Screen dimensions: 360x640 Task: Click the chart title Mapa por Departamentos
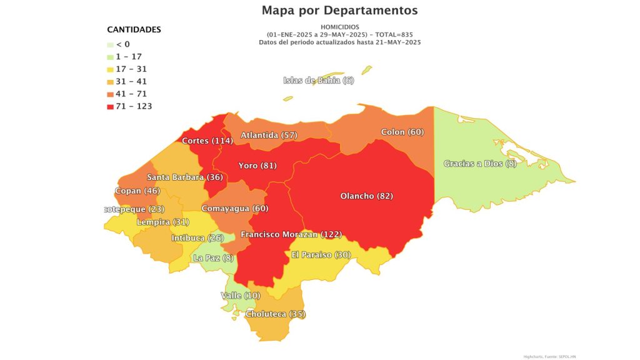(x=339, y=11)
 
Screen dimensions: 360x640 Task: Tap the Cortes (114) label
(x=207, y=141)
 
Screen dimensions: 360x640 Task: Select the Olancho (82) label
(x=366, y=196)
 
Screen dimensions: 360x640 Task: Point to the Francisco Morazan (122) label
(x=291, y=234)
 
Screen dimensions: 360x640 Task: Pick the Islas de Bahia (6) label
(x=318, y=80)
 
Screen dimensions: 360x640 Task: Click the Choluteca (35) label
(x=275, y=314)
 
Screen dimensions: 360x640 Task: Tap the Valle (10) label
(x=240, y=295)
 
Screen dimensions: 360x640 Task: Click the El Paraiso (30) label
(x=321, y=254)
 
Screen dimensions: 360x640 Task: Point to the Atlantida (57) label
(x=269, y=135)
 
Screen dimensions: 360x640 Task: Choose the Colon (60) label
(x=402, y=132)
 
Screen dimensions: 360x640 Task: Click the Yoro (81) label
(x=257, y=166)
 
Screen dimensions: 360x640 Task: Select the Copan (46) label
(x=137, y=191)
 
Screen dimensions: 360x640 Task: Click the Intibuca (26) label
(x=197, y=238)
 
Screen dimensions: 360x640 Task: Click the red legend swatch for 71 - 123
(x=111, y=106)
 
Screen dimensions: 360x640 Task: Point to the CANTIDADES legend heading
(x=134, y=29)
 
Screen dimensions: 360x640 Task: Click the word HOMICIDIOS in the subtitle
(x=340, y=27)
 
